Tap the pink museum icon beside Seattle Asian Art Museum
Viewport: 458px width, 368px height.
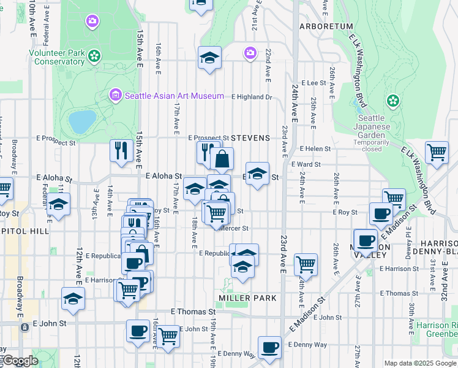[x=115, y=95]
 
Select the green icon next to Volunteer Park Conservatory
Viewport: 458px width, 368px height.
[x=94, y=57]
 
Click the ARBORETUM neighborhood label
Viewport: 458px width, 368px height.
[x=326, y=26]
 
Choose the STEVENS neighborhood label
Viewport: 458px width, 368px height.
[x=250, y=138]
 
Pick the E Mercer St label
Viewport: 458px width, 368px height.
[x=233, y=228]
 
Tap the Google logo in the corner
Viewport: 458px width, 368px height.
[x=20, y=361]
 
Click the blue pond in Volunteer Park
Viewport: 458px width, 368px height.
[x=81, y=121]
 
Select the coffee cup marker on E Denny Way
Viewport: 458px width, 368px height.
[x=269, y=347]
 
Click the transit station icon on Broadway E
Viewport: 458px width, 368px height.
[x=24, y=328]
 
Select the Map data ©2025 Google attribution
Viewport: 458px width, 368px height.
[x=420, y=363]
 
